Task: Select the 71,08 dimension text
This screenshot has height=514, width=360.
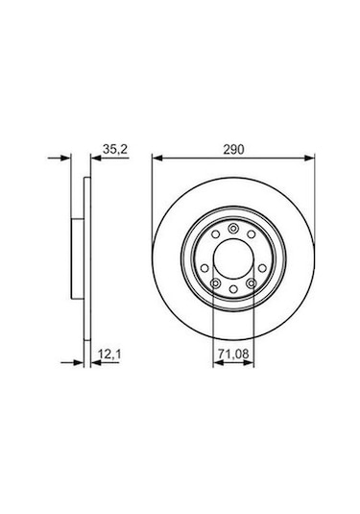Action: point(230,355)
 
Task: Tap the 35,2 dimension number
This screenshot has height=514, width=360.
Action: point(113,148)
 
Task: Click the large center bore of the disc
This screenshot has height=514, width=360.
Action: point(230,257)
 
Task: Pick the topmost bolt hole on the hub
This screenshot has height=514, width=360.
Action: point(230,228)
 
